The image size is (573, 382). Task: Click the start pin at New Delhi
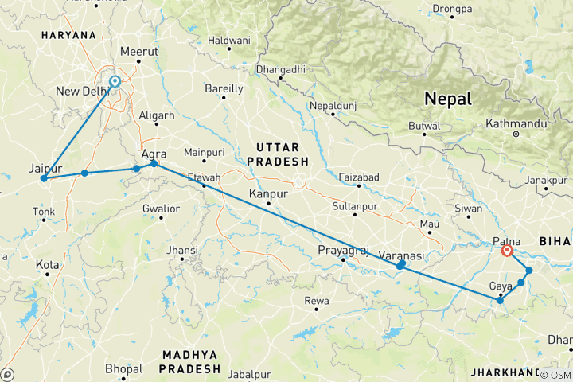[115, 81]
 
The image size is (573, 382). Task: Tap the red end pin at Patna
[507, 251]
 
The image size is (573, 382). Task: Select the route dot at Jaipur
[43, 178]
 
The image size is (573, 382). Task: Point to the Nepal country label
[448, 99]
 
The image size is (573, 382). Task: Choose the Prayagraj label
[344, 251]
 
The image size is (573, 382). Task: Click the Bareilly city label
[224, 88]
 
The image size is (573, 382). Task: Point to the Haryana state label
[68, 36]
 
